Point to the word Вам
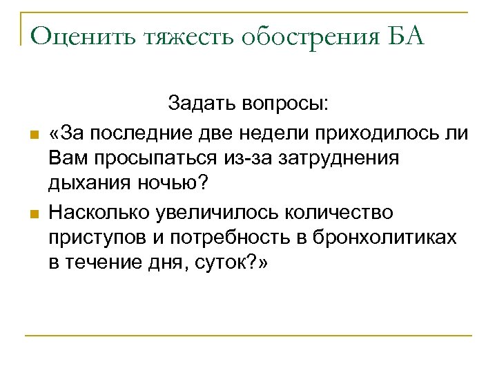[67, 159]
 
